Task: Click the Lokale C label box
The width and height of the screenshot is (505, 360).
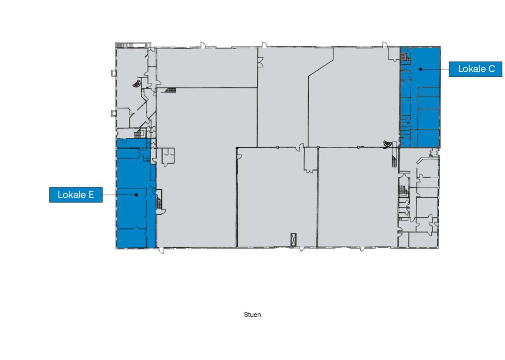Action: click(475, 69)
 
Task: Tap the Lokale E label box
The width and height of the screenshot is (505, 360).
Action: click(76, 195)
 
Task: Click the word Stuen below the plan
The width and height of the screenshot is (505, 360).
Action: click(252, 315)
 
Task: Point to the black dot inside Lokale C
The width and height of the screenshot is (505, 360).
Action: click(420, 69)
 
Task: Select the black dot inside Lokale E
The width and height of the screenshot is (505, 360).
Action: click(136, 195)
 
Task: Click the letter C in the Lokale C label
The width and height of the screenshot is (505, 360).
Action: click(492, 69)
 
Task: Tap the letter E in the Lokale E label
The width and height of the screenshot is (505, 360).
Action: click(91, 195)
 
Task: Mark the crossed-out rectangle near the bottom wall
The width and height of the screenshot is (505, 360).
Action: click(294, 240)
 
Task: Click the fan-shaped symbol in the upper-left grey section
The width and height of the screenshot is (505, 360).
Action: click(137, 84)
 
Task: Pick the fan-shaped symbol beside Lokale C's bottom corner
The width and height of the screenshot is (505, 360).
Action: click(388, 143)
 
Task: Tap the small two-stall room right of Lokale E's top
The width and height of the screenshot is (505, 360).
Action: click(168, 156)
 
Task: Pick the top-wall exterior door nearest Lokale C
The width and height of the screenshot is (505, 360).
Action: click(385, 45)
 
